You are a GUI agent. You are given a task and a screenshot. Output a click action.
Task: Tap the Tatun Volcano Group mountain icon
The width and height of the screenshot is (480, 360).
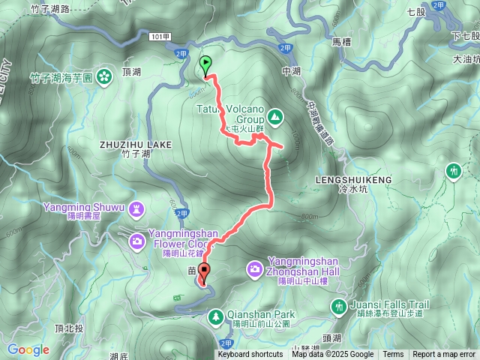tap(275, 116)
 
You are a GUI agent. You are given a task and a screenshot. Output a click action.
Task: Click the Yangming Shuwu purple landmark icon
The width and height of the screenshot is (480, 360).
tap(136, 207)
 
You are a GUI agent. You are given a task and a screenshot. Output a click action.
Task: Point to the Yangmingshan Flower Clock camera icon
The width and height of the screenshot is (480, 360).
tap(137, 241)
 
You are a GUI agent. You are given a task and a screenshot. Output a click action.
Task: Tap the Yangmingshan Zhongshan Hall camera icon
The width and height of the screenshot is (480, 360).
tap(254, 268)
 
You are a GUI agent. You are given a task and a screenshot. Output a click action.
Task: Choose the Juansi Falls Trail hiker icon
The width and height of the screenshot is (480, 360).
tap(338, 306)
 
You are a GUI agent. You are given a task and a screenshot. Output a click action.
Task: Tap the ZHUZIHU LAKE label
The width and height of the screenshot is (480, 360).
tap(135, 143)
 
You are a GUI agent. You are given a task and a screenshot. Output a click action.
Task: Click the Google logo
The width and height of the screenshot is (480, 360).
tap(28, 349)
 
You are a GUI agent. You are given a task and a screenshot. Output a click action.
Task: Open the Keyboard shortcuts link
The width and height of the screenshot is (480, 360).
tap(250, 355)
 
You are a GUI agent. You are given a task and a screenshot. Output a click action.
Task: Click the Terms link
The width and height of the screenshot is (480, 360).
tap(393, 355)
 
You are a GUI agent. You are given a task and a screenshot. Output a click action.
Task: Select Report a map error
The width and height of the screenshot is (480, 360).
tap(445, 355)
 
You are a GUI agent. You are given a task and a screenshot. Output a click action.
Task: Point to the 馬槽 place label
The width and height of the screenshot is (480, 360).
tap(341, 42)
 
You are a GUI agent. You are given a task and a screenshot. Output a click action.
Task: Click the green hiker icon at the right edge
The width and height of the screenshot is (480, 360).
tap(453, 171)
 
